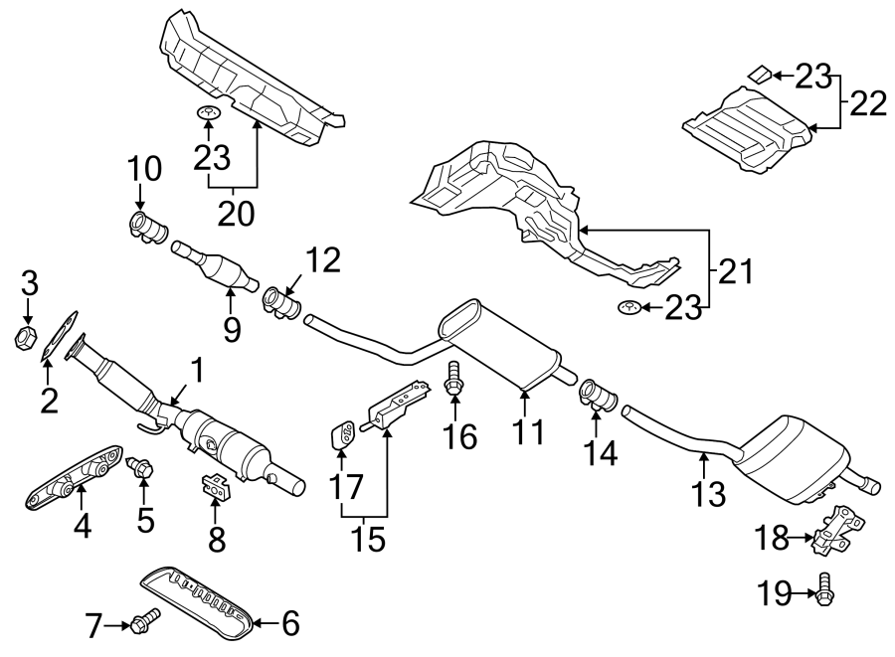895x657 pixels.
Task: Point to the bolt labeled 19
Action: pyautogui.click(x=824, y=592)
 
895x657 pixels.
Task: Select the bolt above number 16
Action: pyautogui.click(x=453, y=376)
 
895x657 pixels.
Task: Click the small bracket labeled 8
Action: pyautogui.click(x=214, y=486)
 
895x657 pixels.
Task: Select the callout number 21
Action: pyautogui.click(x=737, y=271)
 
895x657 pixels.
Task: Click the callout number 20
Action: pyautogui.click(x=236, y=212)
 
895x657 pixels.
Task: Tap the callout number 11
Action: pyautogui.click(x=529, y=432)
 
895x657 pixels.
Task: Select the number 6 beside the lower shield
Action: pyautogui.click(x=289, y=624)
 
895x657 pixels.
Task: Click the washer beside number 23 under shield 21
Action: pyautogui.click(x=628, y=307)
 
